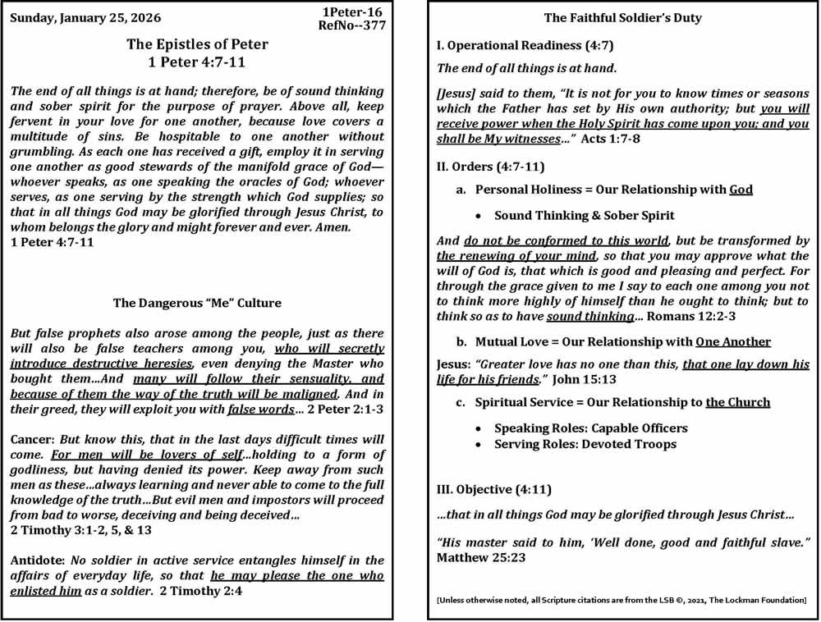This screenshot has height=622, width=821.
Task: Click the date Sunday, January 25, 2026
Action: (85, 17)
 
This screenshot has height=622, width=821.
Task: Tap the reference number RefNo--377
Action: (351, 25)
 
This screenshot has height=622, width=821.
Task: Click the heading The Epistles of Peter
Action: (197, 44)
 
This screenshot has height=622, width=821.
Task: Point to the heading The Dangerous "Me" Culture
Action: (197, 303)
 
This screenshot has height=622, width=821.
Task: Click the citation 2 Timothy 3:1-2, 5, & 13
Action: (81, 530)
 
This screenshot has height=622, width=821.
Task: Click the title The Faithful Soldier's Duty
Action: (623, 17)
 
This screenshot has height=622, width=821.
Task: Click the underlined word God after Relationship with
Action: (741, 190)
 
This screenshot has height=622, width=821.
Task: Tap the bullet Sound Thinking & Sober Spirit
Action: (585, 216)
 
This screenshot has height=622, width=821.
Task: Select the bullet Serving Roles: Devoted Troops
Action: (585, 444)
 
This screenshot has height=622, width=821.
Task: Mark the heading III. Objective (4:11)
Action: (494, 490)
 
